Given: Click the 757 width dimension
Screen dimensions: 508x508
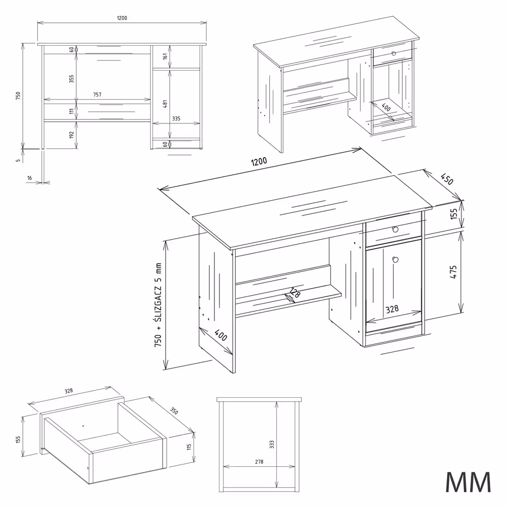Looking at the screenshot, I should (98, 95).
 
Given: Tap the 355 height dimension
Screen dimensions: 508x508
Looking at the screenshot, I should (72, 79).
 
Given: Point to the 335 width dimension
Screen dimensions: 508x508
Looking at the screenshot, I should (176, 118).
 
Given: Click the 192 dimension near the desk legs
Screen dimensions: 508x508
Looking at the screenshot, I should (72, 135).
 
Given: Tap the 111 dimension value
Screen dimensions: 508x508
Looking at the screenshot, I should (72, 111).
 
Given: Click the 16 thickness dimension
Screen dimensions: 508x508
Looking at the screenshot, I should (29, 178).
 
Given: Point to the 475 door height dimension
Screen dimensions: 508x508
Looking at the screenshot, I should (454, 272).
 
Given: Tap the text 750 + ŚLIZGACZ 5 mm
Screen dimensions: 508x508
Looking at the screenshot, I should (159, 305).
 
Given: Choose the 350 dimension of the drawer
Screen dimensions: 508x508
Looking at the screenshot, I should (174, 410).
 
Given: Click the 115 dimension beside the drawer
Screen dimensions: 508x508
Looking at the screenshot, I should (188, 447).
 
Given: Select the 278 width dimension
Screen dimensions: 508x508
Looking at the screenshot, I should (259, 462).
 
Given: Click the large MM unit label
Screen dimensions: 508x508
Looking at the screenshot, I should (468, 482).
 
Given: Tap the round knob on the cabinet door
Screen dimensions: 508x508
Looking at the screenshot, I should (395, 260).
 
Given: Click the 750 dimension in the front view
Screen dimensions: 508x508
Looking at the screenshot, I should (18, 96).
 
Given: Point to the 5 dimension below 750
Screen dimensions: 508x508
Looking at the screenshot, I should (18, 161).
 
